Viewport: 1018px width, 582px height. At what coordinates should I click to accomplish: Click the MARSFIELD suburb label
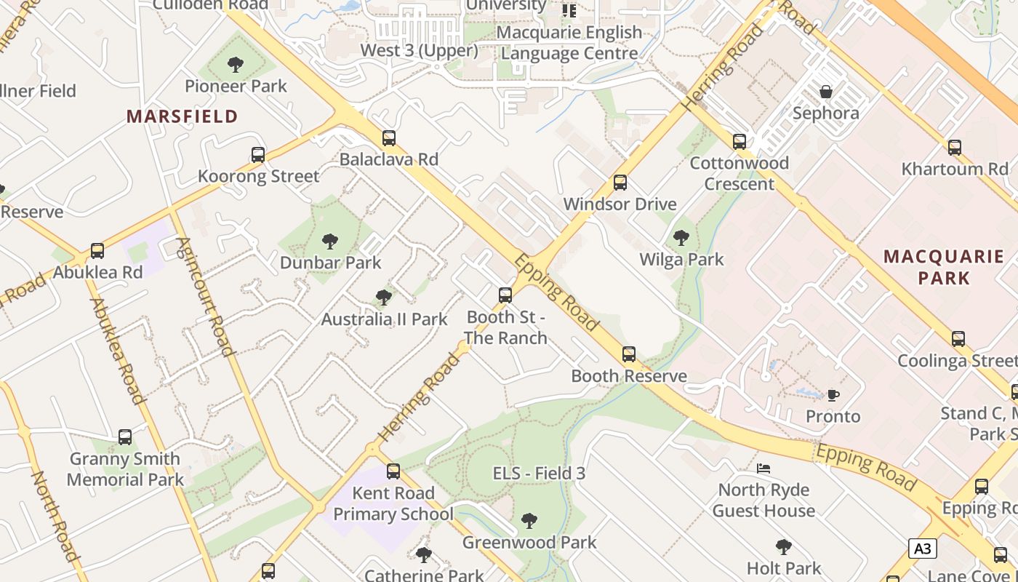(182, 116)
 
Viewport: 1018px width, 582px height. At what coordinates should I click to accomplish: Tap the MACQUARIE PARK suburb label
(943, 267)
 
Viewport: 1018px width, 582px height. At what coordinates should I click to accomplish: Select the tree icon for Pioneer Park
(235, 65)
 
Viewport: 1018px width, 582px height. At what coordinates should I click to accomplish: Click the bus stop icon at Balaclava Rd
(389, 137)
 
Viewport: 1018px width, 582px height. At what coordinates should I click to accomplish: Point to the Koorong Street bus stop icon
(258, 154)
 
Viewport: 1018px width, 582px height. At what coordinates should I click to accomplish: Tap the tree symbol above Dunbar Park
(330, 241)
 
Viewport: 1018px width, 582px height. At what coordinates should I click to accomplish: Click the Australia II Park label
(385, 319)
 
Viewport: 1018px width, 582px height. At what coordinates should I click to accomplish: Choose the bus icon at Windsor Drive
(620, 182)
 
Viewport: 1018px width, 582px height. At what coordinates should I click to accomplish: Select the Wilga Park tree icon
(681, 237)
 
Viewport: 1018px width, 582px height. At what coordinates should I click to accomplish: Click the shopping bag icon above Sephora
(826, 92)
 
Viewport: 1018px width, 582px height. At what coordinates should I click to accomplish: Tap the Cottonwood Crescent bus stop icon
(740, 141)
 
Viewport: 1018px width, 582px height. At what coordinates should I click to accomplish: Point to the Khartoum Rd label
(955, 169)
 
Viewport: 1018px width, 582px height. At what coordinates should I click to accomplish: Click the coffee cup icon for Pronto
(833, 395)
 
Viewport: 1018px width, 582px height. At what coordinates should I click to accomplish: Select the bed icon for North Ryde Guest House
(763, 468)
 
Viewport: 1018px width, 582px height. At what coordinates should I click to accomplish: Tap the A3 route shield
(922, 549)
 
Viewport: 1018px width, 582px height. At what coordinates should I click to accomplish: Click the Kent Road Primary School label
(393, 503)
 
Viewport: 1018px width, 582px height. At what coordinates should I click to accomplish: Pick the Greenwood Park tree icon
(529, 521)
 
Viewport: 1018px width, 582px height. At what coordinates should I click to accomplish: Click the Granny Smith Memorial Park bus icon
(125, 436)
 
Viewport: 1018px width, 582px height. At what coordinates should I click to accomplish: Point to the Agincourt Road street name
(206, 296)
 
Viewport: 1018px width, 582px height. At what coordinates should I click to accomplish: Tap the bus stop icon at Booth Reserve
(629, 354)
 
